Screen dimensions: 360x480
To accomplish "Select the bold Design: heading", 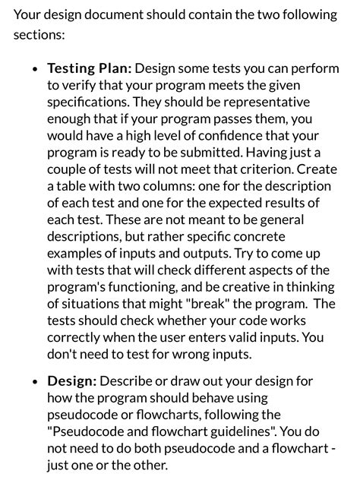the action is pos(72,381).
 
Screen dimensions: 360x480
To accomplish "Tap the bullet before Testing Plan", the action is pos(36,69).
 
